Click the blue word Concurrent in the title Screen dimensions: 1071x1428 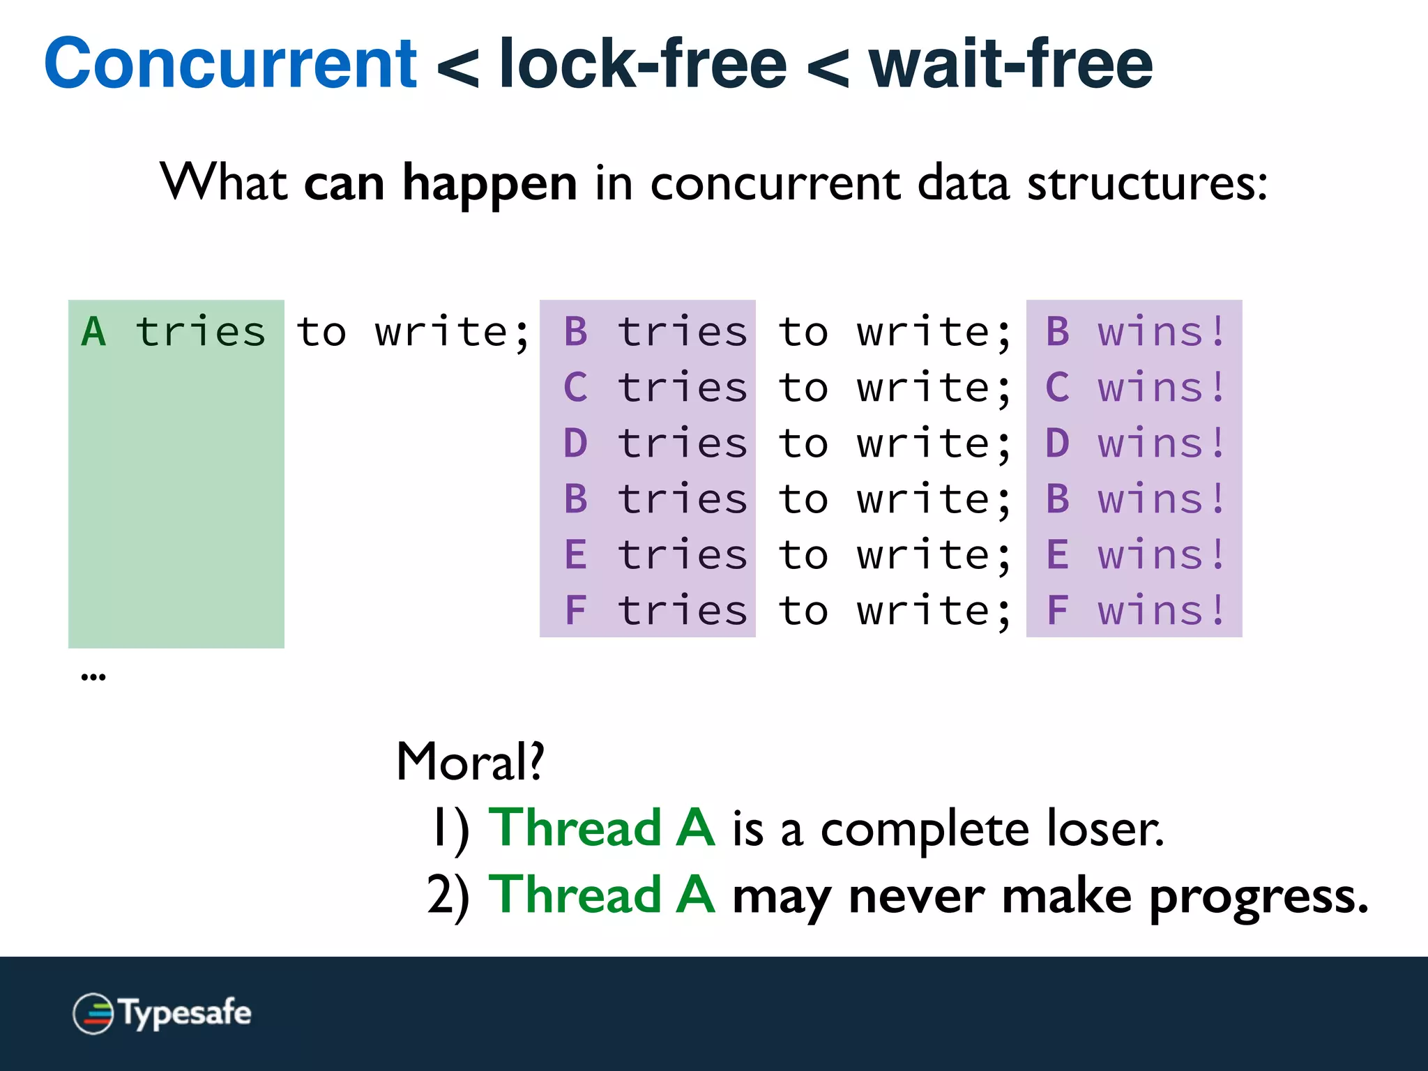(x=230, y=64)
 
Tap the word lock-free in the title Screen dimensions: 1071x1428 (x=643, y=64)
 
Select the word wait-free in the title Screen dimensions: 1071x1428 (x=1010, y=64)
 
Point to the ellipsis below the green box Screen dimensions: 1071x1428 (x=93, y=676)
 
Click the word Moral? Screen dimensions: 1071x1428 (x=470, y=761)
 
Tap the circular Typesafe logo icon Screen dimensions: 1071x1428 (x=93, y=1013)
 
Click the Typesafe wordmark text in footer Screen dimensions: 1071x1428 (x=185, y=1013)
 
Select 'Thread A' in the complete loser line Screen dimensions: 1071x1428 (x=601, y=828)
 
